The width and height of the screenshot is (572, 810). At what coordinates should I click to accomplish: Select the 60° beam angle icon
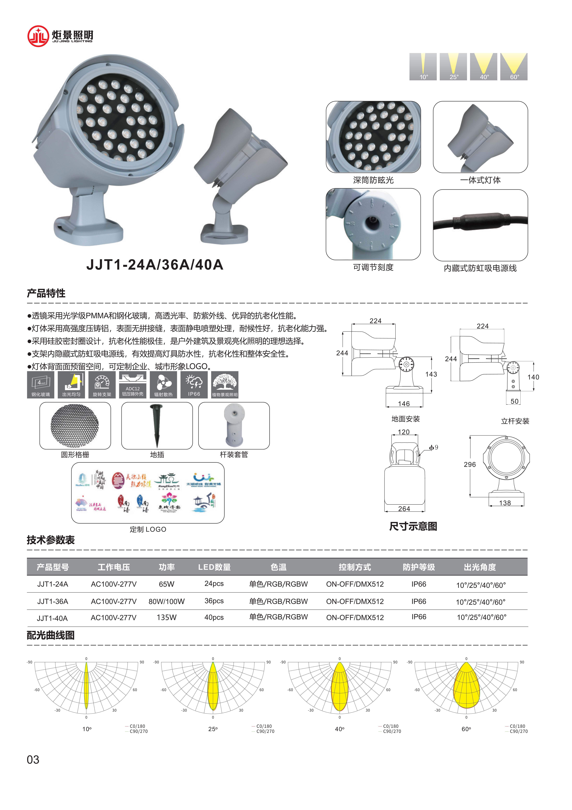514,67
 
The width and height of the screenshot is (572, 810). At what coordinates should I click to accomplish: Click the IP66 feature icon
194,384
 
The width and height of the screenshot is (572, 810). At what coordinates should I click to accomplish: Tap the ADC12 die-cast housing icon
132,384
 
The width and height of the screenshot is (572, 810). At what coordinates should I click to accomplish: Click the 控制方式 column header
355,567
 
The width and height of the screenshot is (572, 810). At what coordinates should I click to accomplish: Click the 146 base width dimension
404,404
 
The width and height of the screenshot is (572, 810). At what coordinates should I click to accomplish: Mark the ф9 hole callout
434,447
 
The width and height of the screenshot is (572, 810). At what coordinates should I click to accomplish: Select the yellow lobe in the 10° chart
86,686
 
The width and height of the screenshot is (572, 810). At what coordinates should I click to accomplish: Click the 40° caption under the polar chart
339,729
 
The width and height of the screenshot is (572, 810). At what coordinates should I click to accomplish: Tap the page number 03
33,760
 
